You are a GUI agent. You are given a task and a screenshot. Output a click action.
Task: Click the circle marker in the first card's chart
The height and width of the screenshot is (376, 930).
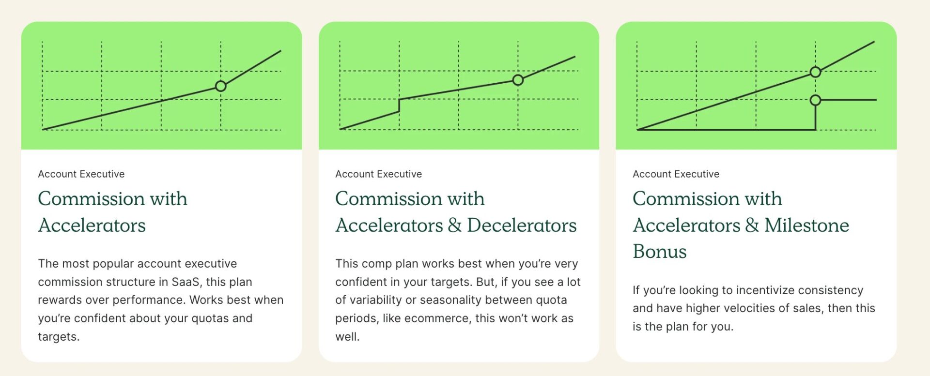pyautogui.click(x=221, y=86)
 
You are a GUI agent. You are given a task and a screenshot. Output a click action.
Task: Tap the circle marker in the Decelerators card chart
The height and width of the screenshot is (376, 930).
pyautogui.click(x=518, y=80)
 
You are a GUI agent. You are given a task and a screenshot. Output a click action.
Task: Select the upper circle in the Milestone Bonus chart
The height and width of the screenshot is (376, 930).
pyautogui.click(x=815, y=72)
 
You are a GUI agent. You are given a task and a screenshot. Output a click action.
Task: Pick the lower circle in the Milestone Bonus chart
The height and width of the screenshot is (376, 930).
pyautogui.click(x=815, y=100)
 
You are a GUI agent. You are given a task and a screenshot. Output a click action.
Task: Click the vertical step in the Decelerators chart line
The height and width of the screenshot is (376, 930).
pyautogui.click(x=399, y=105)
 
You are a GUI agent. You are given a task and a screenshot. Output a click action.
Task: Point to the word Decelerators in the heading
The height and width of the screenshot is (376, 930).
pyautogui.click(x=522, y=226)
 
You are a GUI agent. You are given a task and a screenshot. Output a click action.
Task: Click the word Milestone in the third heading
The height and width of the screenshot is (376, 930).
pyautogui.click(x=807, y=226)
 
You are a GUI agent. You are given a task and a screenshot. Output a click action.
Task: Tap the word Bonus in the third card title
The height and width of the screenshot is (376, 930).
pyautogui.click(x=660, y=252)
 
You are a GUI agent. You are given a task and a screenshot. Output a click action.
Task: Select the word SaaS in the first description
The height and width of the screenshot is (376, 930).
pyautogui.click(x=186, y=282)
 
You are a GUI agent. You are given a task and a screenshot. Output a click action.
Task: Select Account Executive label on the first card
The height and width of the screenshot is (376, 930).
pyautogui.click(x=81, y=174)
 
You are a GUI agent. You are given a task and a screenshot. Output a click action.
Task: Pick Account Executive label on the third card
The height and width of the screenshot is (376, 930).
pyautogui.click(x=676, y=174)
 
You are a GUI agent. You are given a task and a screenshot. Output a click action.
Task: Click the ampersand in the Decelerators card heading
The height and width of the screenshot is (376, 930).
pyautogui.click(x=455, y=226)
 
